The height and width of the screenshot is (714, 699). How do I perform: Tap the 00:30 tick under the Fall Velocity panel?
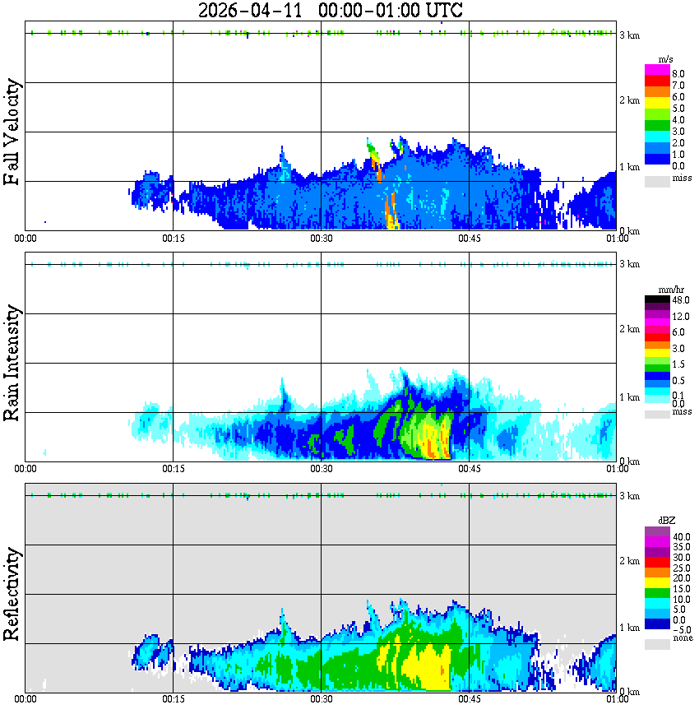(321, 239)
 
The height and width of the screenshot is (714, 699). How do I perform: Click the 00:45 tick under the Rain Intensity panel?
(469, 469)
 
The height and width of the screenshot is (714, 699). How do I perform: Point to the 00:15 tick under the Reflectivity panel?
(173, 700)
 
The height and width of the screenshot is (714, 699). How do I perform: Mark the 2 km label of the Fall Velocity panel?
(629, 100)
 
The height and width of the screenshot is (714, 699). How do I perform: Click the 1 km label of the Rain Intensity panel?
(629, 397)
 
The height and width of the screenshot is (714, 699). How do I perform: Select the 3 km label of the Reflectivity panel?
(629, 496)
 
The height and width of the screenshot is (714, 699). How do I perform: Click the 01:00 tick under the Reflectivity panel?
(617, 700)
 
